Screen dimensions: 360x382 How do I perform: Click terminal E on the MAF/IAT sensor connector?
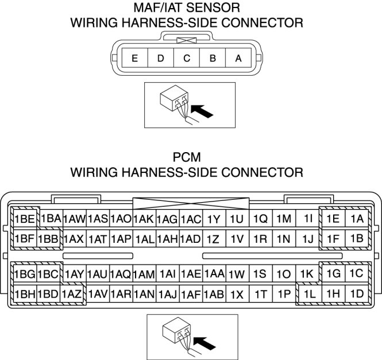(x=134, y=58)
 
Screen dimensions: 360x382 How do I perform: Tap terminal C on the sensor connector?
(x=187, y=58)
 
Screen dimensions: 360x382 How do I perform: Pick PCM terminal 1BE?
(x=25, y=219)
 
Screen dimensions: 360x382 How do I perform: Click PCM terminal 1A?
(x=357, y=219)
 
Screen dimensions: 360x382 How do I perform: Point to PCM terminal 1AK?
(x=144, y=219)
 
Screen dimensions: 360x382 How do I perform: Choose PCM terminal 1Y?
(x=214, y=219)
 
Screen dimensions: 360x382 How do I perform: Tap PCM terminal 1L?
(x=310, y=294)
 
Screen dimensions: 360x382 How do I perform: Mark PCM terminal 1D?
(x=357, y=294)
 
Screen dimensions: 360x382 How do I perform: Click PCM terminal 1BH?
(x=25, y=294)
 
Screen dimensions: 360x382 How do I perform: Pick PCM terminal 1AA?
(x=214, y=274)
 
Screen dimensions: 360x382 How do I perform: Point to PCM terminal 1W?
(x=237, y=274)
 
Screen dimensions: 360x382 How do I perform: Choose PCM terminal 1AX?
(x=74, y=238)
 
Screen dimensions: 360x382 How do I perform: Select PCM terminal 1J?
(x=308, y=238)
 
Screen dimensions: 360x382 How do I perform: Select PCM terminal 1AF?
(x=190, y=294)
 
